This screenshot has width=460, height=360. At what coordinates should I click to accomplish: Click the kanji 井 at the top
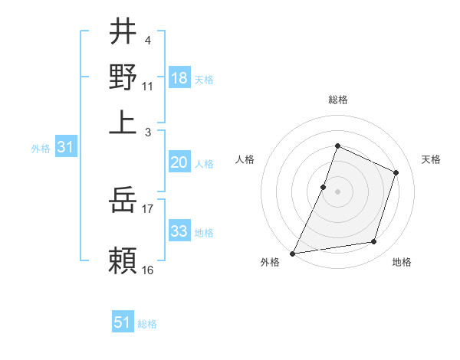pyautogui.click(x=123, y=32)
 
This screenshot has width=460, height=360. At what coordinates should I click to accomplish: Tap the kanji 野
pyautogui.click(x=123, y=77)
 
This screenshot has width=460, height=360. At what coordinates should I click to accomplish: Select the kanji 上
pyautogui.click(x=123, y=121)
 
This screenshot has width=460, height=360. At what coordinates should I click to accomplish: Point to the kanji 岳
pyautogui.click(x=123, y=201)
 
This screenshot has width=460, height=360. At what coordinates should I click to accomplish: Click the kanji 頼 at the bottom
pyautogui.click(x=123, y=259)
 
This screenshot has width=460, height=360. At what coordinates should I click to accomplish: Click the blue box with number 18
pyautogui.click(x=179, y=78)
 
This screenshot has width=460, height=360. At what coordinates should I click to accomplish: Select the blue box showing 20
pyautogui.click(x=179, y=162)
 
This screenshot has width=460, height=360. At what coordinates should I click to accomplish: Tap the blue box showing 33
pyautogui.click(x=179, y=231)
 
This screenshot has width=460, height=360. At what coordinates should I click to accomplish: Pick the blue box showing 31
pyautogui.click(x=65, y=148)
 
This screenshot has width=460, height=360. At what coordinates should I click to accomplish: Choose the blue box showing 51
pyautogui.click(x=123, y=322)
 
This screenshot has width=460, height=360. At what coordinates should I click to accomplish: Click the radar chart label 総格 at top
pyautogui.click(x=337, y=100)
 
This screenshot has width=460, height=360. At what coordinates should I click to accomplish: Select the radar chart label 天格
pyautogui.click(x=431, y=159)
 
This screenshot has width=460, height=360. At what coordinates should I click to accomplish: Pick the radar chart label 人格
pyautogui.click(x=245, y=159)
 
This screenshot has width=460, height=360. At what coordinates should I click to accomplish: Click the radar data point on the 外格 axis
pyautogui.click(x=293, y=253)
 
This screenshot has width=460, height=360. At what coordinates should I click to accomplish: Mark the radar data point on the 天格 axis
pyautogui.click(x=396, y=172)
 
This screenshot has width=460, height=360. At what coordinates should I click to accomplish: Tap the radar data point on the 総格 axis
pyautogui.click(x=337, y=146)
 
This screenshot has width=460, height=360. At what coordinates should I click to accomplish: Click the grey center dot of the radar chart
pyautogui.click(x=337, y=191)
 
